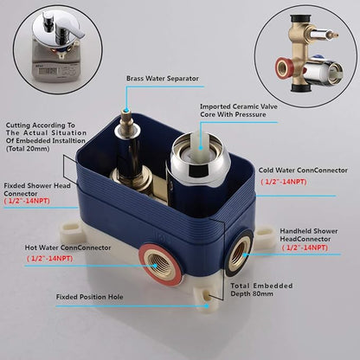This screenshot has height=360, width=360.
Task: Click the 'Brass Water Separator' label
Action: coord(163,79)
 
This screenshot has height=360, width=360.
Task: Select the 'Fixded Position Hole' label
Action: coord(90,297)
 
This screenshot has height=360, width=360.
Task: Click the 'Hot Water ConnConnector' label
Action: coord(67,247)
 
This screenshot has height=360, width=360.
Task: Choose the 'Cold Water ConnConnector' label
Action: coord(303,170)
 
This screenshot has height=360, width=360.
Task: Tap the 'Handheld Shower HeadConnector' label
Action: coord(309,235)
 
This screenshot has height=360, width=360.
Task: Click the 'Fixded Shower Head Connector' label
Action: coord(37,190)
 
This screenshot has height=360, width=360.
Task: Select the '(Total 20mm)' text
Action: coord(28,149)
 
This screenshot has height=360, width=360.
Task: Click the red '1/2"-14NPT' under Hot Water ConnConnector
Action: coord(50,259)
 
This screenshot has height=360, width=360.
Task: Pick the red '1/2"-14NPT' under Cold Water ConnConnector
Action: coord(284,182)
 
